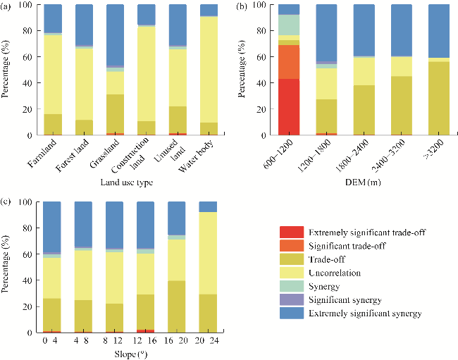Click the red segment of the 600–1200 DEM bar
290,106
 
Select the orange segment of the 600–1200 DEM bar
290,62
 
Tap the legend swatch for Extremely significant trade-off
292,232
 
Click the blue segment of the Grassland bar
115,35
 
